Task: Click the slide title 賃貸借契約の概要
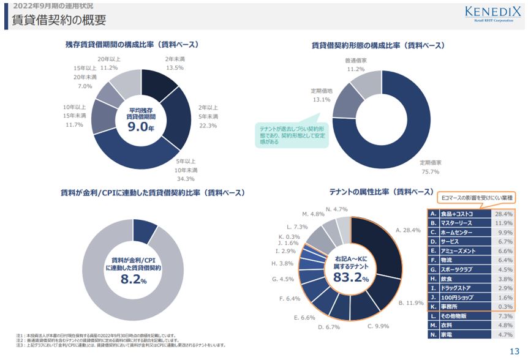[x=59, y=21]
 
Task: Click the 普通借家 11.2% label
[x=355, y=65]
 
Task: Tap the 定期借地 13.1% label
[x=320, y=95]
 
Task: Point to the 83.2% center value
[x=350, y=277]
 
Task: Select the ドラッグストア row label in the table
[x=456, y=287]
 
